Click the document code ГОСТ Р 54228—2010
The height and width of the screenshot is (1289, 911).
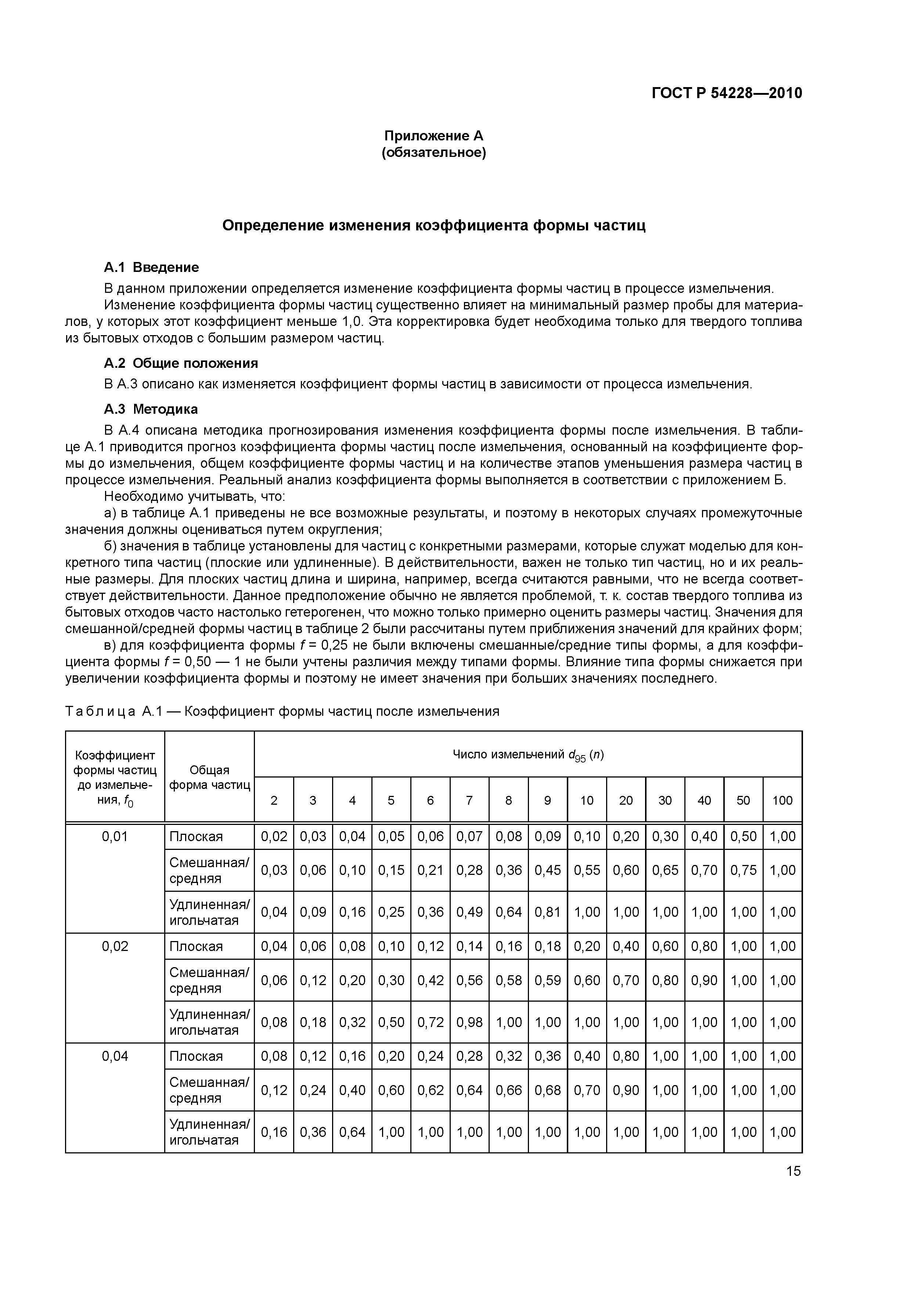727,93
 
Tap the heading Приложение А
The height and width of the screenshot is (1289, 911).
433,136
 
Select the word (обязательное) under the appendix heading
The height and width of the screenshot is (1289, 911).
433,153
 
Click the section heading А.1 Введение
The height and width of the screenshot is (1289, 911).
152,267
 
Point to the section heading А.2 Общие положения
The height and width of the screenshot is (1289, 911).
181,363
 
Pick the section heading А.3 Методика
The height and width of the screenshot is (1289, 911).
151,409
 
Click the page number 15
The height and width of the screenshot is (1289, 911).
793,1171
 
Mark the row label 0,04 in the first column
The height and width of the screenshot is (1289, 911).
115,1056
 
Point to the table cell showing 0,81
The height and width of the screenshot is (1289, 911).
547,912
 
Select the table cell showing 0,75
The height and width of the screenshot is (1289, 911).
743,870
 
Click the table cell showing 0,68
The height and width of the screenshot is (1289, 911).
547,1090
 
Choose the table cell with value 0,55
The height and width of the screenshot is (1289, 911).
587,870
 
